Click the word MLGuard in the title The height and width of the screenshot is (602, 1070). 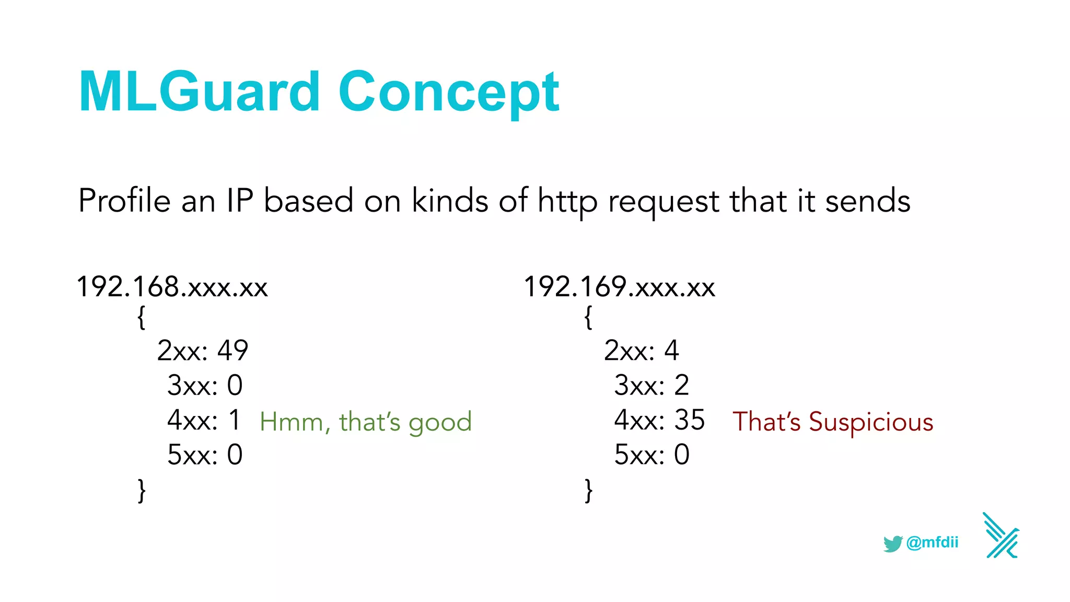pyautogui.click(x=199, y=92)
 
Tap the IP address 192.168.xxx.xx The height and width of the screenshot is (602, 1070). pyautogui.click(x=172, y=287)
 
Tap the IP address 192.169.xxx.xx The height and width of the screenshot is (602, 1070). pyautogui.click(x=619, y=287)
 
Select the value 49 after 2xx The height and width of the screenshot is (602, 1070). pyautogui.click(x=233, y=351)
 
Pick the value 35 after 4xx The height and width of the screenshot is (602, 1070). pyautogui.click(x=690, y=420)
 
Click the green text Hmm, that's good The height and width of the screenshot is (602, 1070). pyautogui.click(x=366, y=422)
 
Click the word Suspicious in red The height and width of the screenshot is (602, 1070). pyautogui.click(x=871, y=422)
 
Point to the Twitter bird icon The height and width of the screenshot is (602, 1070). pyautogui.click(x=893, y=543)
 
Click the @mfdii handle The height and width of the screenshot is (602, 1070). pyautogui.click(x=933, y=542)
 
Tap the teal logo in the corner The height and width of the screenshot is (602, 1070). pyautogui.click(x=1001, y=536)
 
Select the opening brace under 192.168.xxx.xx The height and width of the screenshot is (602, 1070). pyautogui.click(x=141, y=317)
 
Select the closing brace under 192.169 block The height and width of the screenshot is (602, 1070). pyautogui.click(x=588, y=490)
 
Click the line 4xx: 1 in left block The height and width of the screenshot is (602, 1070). pyautogui.click(x=204, y=420)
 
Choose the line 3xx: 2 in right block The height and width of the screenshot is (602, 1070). pyautogui.click(x=652, y=386)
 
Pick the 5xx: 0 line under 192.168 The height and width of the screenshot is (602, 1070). pyautogui.click(x=205, y=455)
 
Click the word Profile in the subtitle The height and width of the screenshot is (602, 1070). pyautogui.click(x=124, y=201)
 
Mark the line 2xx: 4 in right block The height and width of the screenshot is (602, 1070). pyautogui.click(x=641, y=351)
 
